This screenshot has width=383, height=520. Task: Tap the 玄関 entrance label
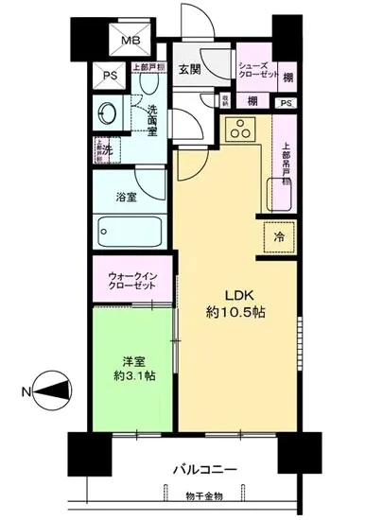tap(188, 70)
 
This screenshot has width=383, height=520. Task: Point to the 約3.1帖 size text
tap(131, 374)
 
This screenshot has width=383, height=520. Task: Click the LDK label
tap(237, 292)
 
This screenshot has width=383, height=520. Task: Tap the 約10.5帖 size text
tap(237, 312)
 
